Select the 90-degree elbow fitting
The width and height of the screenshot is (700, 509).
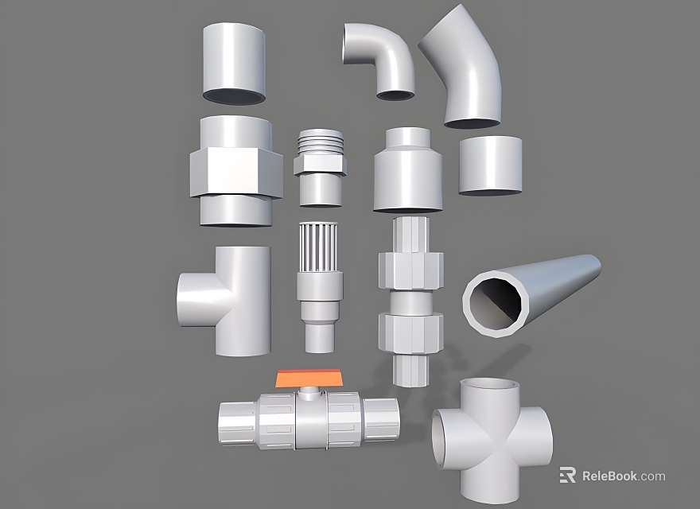click(381, 59)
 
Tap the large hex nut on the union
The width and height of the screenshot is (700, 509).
click(236, 172)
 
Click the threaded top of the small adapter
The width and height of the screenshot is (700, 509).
click(321, 142)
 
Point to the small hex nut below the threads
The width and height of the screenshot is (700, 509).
click(320, 165)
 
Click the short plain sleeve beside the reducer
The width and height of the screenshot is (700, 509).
click(491, 165)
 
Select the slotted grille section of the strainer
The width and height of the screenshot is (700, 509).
click(320, 247)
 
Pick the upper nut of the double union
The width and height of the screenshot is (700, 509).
click(411, 270)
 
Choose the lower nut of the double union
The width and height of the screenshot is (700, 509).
click(410, 332)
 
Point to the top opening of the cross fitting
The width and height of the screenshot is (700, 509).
click(490, 390)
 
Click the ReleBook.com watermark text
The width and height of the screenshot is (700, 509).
click(623, 476)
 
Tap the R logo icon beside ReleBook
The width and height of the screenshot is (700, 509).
click(568, 476)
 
